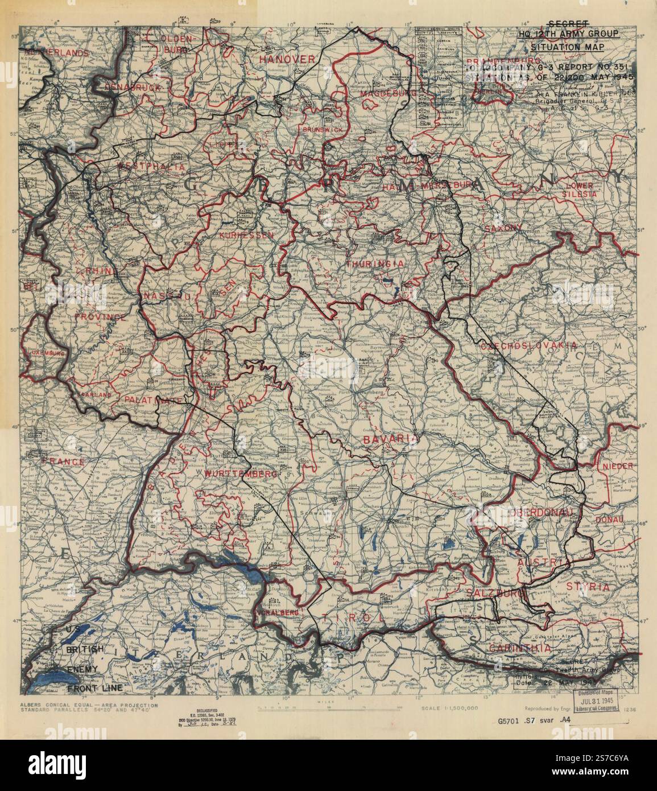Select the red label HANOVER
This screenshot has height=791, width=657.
coord(287,59)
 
